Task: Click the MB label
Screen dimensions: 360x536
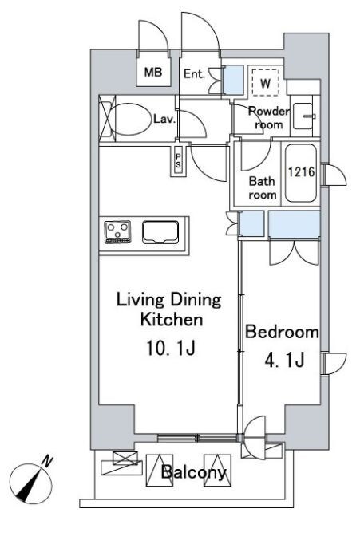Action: [x=153, y=72]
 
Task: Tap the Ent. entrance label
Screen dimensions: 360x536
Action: [x=194, y=73]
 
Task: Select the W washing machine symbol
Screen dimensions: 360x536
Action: [x=266, y=82]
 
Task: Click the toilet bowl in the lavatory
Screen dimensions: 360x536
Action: [x=132, y=119]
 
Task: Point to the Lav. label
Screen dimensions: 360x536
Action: [x=164, y=119]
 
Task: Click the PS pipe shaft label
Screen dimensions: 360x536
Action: [x=178, y=160]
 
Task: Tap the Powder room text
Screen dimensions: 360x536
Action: [x=269, y=118]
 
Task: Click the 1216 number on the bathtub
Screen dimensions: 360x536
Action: [x=301, y=171]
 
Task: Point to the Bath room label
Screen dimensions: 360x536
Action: [x=263, y=188]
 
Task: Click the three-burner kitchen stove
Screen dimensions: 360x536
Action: [x=117, y=232]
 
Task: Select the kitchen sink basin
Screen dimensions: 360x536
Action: [x=160, y=232]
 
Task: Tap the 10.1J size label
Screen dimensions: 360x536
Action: [x=171, y=349]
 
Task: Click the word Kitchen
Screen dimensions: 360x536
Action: [x=172, y=320]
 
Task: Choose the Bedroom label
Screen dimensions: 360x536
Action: [x=282, y=332]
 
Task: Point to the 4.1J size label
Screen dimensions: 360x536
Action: [x=284, y=360]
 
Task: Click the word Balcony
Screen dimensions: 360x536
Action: [x=194, y=472]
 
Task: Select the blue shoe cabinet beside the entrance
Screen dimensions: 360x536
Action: [x=233, y=80]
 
